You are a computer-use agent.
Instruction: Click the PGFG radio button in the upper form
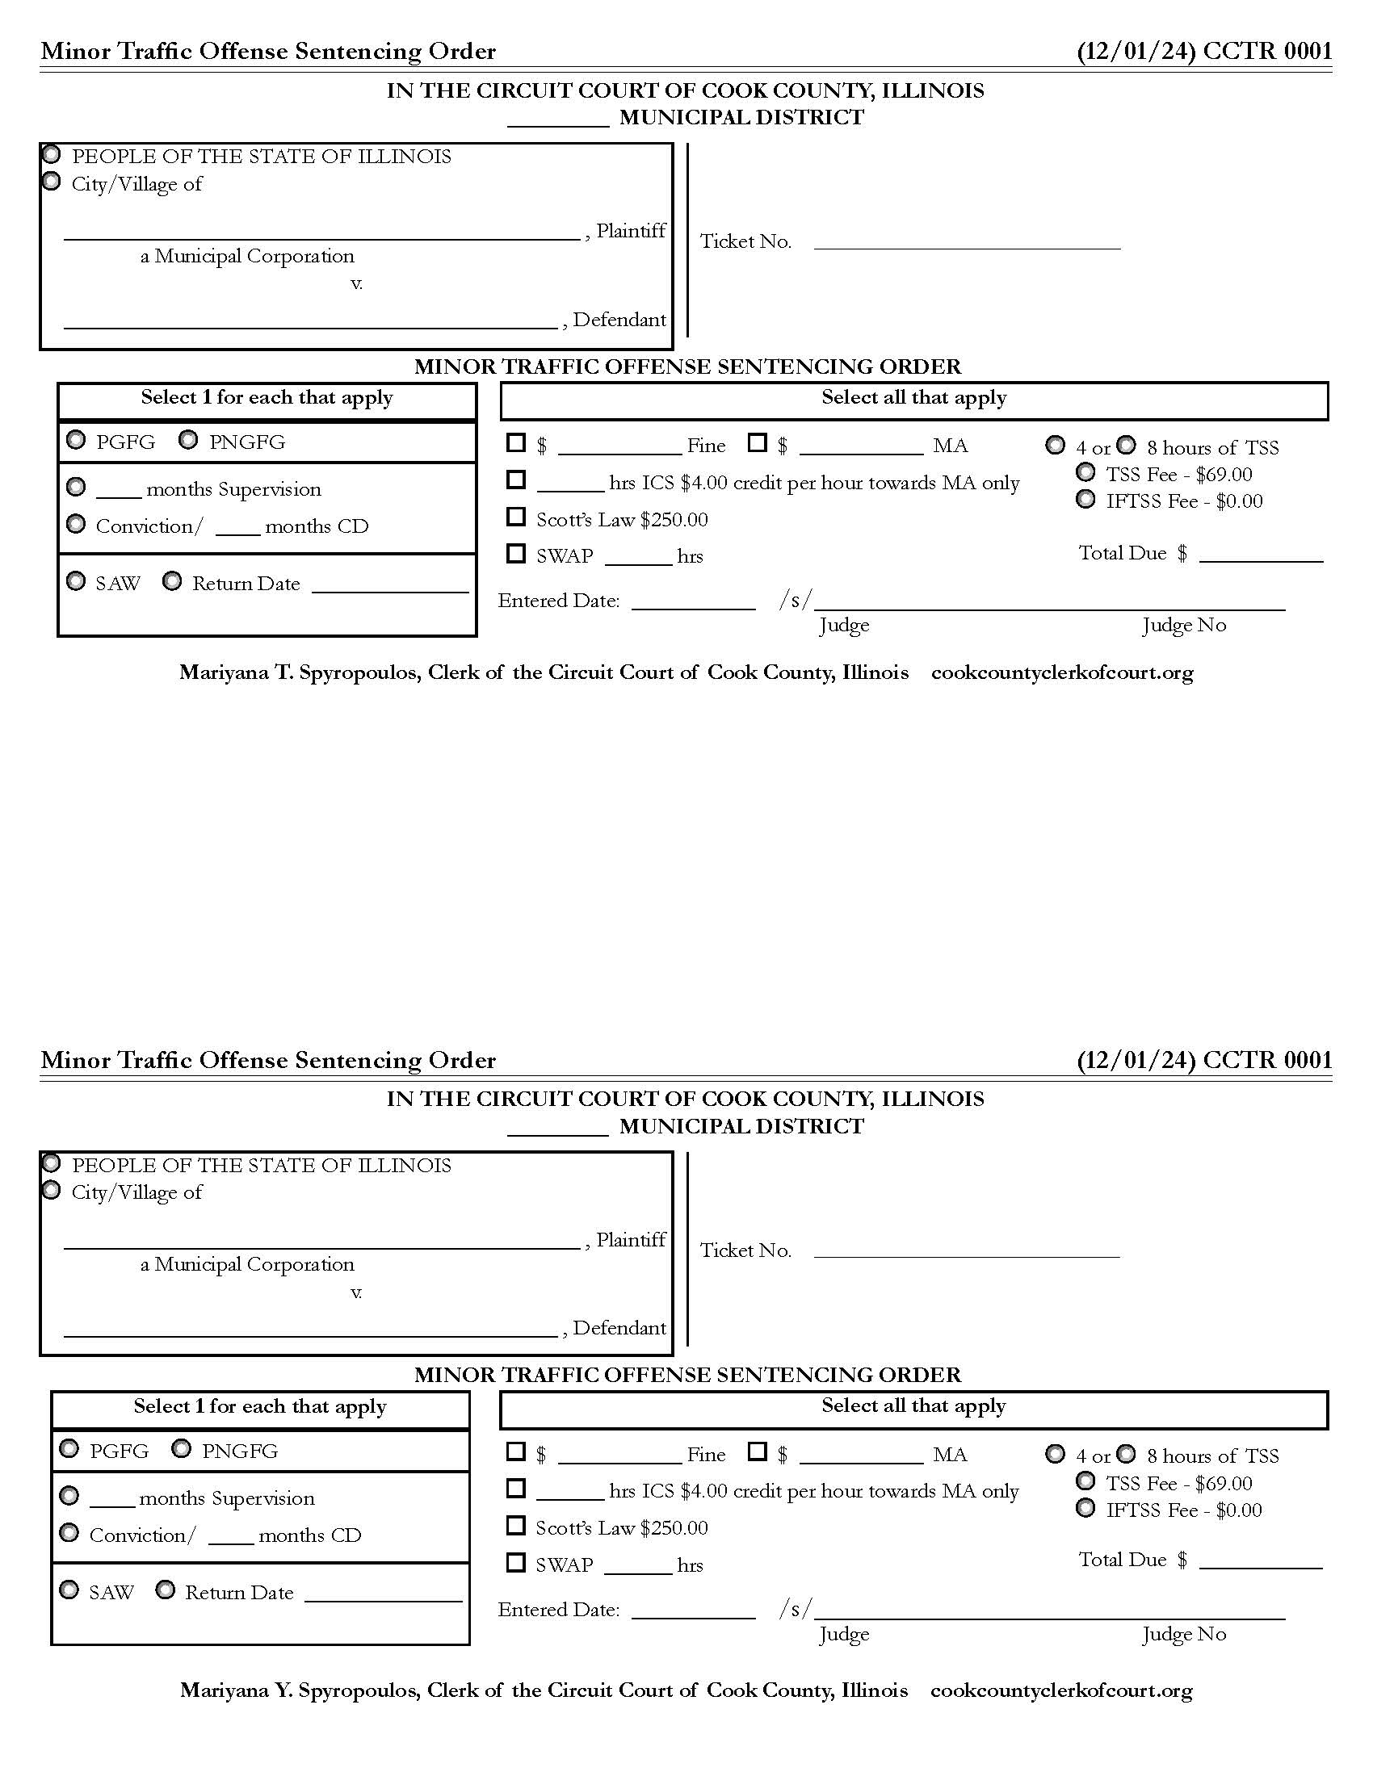tap(76, 440)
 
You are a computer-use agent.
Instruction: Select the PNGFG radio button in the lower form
tap(182, 1448)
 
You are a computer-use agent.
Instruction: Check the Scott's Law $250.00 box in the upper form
tap(516, 517)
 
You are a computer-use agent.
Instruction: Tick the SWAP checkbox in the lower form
tap(516, 1562)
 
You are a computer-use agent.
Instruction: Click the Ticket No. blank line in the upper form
tap(966, 242)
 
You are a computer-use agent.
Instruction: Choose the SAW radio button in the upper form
tap(76, 581)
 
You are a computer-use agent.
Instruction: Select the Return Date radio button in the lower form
tap(165, 1590)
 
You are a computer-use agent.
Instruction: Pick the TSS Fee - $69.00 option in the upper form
tap(1085, 472)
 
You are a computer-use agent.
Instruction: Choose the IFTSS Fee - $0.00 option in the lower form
tap(1085, 1509)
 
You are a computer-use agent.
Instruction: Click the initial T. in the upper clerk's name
tap(284, 672)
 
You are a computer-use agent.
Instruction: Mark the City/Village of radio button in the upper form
tap(51, 182)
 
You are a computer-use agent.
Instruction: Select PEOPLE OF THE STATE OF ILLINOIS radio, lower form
tap(51, 1162)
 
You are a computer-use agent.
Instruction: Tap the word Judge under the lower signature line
tap(843, 1634)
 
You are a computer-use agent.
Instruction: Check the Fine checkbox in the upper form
tap(516, 443)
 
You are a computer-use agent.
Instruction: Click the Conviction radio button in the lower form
tap(69, 1533)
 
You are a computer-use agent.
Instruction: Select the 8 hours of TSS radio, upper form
tap(1126, 445)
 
